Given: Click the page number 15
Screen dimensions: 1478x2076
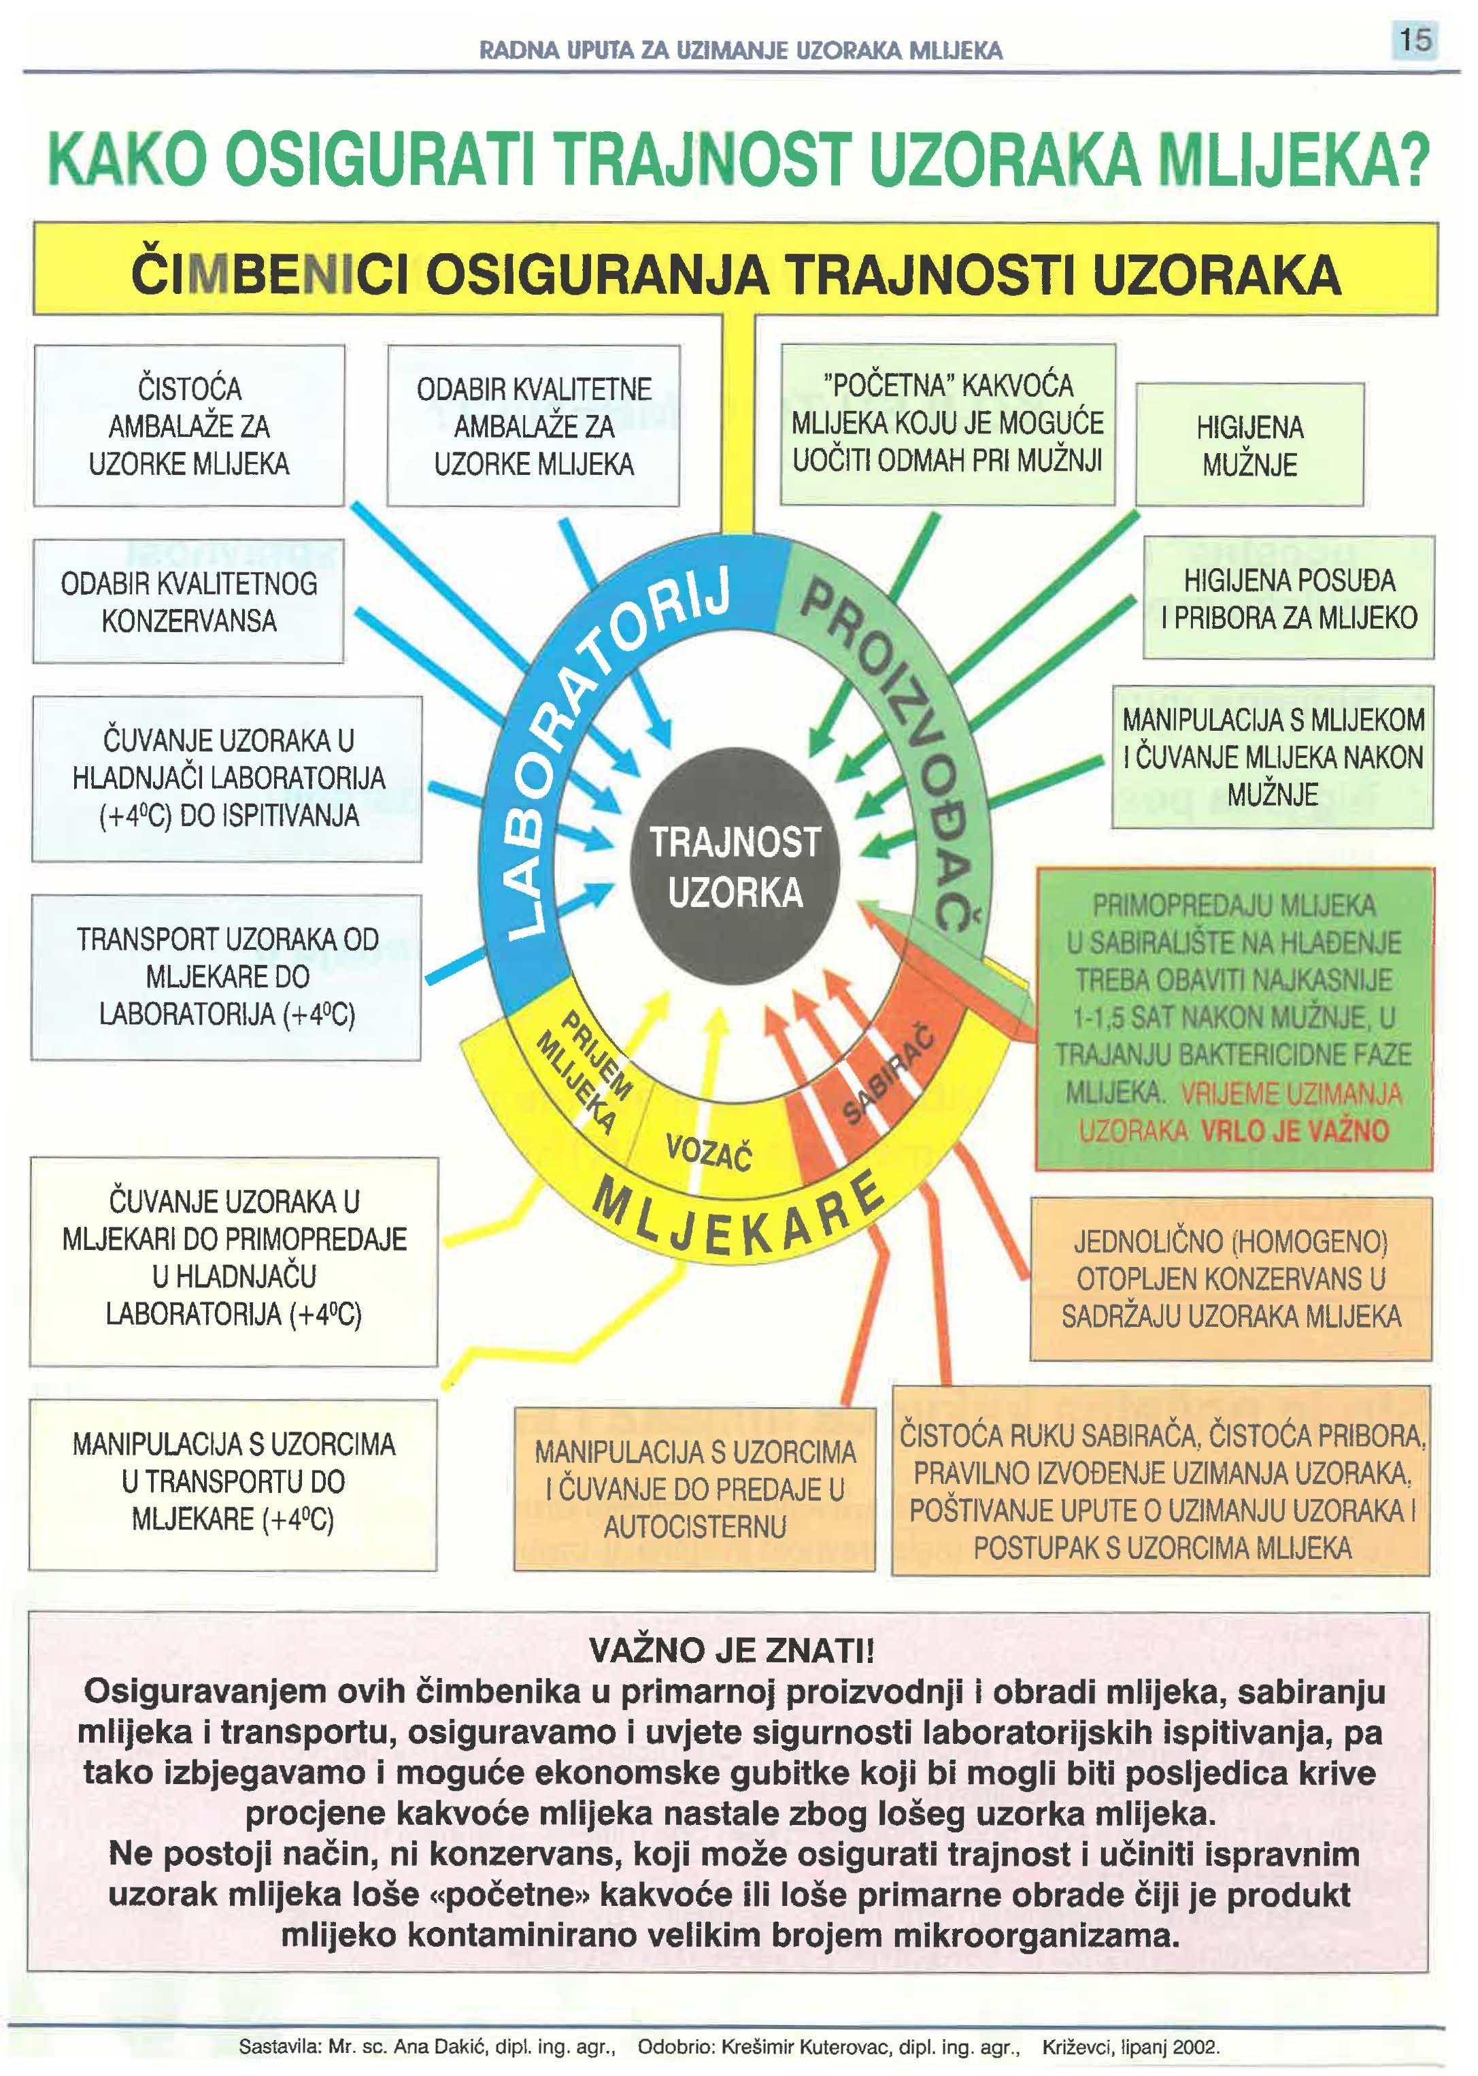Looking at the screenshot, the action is click(x=1414, y=40).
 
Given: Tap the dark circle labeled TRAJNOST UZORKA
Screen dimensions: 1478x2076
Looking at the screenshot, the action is click(x=735, y=867).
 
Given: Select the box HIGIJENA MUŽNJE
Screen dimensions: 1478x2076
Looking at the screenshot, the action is click(x=1249, y=445).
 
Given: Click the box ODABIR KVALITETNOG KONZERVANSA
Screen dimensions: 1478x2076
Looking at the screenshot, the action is click(x=188, y=601).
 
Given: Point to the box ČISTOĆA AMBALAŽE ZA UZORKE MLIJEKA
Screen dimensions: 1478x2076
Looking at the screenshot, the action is click(x=189, y=426).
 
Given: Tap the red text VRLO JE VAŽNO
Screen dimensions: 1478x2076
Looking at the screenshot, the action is click(x=1294, y=1131).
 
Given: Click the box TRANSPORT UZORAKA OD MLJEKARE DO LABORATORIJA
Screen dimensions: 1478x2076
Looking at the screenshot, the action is click(x=226, y=977).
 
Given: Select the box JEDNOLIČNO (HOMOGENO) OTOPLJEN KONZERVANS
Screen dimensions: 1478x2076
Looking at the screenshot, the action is click(x=1230, y=1279).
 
